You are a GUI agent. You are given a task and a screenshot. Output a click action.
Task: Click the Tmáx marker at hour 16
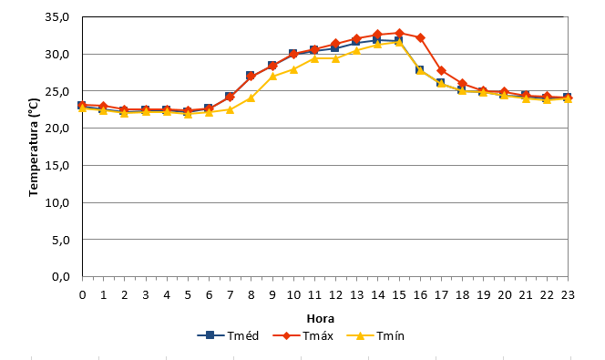[420, 37]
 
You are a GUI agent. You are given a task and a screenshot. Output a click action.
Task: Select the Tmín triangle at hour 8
[251, 98]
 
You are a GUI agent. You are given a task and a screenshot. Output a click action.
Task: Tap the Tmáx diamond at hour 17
[441, 70]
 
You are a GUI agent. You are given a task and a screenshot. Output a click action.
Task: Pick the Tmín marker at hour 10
[293, 69]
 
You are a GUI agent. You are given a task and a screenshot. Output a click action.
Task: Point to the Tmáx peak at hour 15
[399, 33]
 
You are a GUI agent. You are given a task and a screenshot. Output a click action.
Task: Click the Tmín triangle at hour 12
[335, 58]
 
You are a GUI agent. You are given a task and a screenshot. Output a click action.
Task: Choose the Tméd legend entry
[228, 335]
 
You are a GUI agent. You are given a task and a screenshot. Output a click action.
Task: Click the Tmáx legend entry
[302, 335]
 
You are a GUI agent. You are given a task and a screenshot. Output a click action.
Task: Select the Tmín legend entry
[375, 335]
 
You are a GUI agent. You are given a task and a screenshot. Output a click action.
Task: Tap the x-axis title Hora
[320, 319]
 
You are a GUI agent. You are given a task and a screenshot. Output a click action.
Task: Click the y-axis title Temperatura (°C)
[34, 147]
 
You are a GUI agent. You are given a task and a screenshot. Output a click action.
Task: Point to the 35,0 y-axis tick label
[57, 17]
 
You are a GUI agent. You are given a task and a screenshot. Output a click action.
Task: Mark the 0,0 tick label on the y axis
[60, 277]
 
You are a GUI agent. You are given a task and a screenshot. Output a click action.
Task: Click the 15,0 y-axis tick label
[57, 166]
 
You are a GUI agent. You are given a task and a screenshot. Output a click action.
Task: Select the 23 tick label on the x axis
[568, 295]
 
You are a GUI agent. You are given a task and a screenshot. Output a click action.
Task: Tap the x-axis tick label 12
[335, 295]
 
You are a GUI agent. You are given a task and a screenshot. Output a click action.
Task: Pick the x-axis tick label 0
[82, 295]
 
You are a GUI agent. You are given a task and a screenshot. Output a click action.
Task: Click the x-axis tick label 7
[230, 295]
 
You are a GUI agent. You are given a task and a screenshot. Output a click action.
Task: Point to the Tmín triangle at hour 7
[230, 110]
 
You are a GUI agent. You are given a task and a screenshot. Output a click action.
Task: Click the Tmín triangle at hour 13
[356, 50]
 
